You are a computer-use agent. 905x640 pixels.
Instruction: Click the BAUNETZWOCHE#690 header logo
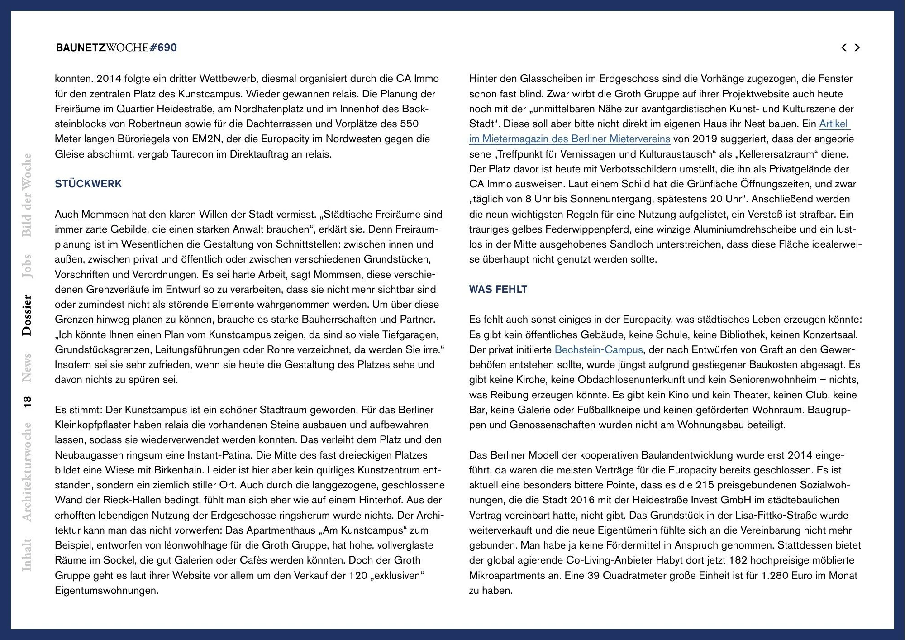pos(116,48)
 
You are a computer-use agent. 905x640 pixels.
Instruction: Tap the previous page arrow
pos(844,48)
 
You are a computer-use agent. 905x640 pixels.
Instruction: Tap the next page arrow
pos(857,48)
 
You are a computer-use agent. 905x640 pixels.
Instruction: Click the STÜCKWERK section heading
pos(88,184)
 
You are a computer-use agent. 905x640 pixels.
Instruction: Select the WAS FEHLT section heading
pos(498,289)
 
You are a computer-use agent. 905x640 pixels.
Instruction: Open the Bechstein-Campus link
pos(598,349)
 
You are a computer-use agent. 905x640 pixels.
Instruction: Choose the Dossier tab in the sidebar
pos(27,315)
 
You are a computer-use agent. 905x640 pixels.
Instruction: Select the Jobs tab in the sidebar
pos(27,266)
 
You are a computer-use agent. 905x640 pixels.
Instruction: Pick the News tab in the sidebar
pos(27,367)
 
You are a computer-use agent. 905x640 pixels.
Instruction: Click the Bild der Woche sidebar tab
pos(27,195)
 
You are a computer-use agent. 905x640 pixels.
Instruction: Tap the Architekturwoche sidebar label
pos(27,472)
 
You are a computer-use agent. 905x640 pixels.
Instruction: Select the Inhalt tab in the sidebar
pos(27,554)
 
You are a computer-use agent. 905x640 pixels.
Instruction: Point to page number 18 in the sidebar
pos(27,401)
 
